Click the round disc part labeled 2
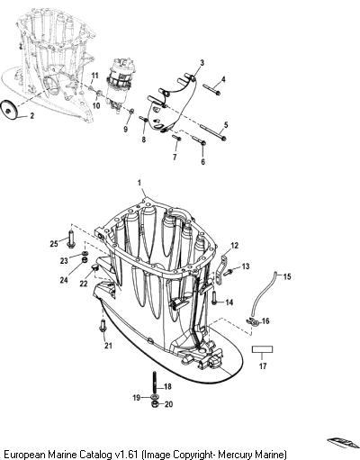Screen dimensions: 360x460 coord(9,110)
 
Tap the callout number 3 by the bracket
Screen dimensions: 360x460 coord(202,63)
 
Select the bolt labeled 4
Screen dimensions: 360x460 coord(211,89)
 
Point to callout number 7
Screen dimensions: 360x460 coord(175,157)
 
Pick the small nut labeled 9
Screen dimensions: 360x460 coord(131,112)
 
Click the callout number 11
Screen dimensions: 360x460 coord(94,75)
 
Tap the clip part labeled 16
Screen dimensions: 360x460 coord(253,322)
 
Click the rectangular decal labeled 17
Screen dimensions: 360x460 coord(262,349)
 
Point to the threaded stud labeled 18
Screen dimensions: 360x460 coord(155,385)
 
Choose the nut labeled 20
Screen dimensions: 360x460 coord(155,404)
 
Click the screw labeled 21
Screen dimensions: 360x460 coord(103,326)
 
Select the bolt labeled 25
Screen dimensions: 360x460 coord(71,239)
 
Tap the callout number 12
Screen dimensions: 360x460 coord(234,246)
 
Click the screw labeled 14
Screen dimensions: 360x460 coord(214,298)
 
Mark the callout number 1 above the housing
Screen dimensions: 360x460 coord(139,183)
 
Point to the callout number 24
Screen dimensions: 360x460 coord(64,280)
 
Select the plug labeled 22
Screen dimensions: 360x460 coord(94,267)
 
